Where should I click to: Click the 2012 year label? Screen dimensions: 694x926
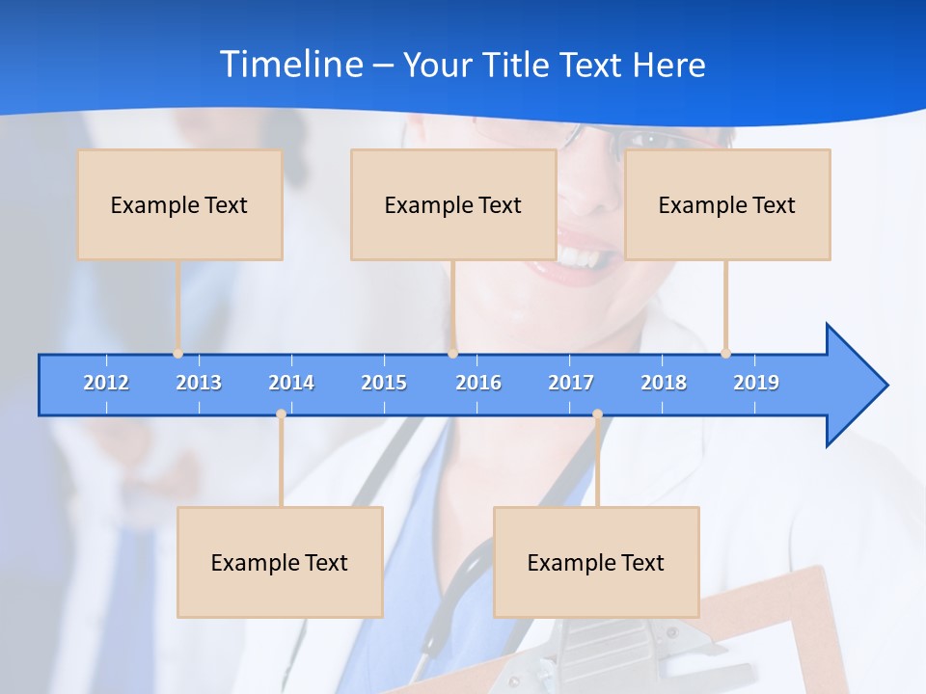pos(106,383)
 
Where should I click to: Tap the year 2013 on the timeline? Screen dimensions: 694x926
pos(199,383)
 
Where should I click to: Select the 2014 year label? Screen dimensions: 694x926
pos(291,383)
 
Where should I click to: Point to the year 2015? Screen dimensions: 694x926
pos(384,383)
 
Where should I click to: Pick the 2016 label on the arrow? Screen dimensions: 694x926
pos(478,383)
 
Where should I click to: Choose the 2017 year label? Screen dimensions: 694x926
pos(571,383)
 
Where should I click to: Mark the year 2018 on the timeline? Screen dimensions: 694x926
pos(664,383)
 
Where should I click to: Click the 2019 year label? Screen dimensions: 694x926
pos(756,383)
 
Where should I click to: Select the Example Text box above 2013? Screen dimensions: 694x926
pos(179,204)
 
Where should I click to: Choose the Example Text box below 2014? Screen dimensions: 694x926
pos(280,562)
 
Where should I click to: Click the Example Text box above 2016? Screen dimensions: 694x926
pos(453,204)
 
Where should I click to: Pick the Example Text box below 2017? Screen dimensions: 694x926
pos(596,562)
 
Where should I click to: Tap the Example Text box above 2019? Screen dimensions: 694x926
pos(727,204)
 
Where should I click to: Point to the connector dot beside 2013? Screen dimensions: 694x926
pos(177,353)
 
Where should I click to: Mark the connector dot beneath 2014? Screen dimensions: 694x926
pos(281,414)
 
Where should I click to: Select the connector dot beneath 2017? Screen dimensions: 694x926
pos(597,414)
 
